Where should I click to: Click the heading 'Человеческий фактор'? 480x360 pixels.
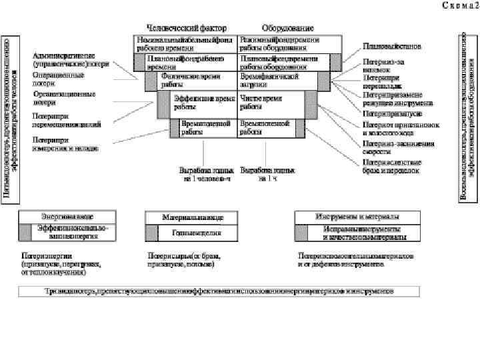tap(186, 28)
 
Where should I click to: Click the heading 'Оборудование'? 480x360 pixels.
tap(287, 28)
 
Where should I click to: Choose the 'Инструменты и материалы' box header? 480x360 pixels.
tap(357, 217)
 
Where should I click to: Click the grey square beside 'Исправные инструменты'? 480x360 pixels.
tap(303, 233)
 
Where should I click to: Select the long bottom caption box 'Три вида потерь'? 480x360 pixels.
tap(219, 291)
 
